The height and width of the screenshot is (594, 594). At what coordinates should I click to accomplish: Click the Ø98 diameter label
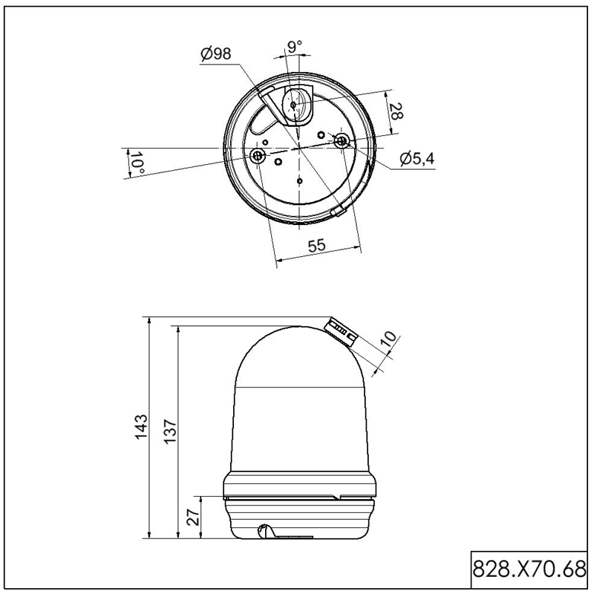(215, 53)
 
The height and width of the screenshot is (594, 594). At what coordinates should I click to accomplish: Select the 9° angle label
(295, 47)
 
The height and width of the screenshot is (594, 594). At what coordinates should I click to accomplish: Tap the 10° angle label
(137, 162)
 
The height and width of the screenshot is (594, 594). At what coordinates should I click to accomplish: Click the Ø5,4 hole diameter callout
(417, 159)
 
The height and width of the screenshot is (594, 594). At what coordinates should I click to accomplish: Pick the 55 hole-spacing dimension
(317, 246)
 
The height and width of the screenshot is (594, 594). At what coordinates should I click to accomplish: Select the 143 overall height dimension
(141, 427)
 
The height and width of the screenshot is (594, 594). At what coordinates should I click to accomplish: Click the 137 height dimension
(171, 431)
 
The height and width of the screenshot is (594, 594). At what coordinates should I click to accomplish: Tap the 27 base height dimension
(193, 517)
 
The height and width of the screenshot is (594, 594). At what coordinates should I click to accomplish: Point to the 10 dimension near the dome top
(388, 339)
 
